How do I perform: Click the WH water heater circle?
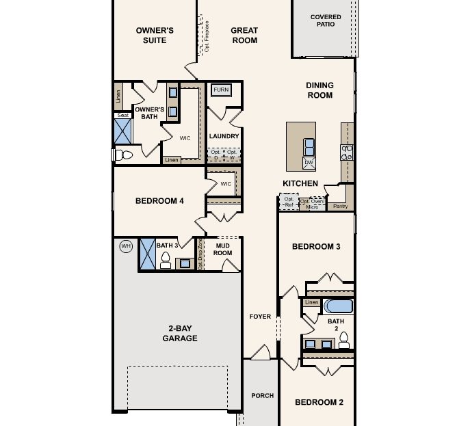(126, 246)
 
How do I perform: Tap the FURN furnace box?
(221, 90)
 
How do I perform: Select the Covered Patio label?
(326, 21)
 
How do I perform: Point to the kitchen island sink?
(309, 146)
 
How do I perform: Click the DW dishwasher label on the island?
(309, 163)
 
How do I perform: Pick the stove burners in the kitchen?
(347, 152)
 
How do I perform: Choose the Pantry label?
(340, 205)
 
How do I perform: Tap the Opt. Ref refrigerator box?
(289, 202)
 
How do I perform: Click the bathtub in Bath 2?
(337, 305)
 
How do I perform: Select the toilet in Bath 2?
(343, 340)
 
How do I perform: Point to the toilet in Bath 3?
(165, 260)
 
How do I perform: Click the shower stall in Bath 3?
(148, 254)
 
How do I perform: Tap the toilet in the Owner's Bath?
(122, 155)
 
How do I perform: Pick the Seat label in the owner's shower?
(122, 115)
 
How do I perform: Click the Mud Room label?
(223, 249)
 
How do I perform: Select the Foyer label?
(260, 317)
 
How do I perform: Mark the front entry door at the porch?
(260, 353)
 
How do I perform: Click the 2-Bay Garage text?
(180, 333)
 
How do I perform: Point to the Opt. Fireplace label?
(207, 36)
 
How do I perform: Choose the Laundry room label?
(224, 136)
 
